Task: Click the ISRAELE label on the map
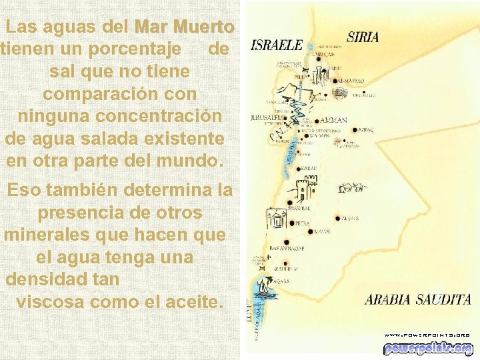tap(276, 46)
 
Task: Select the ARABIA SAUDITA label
tap(417, 299)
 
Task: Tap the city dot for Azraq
tap(355, 130)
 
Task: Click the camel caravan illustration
tap(352, 189)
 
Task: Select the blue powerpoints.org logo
tap(427, 348)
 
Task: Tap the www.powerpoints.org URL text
tap(427, 335)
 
